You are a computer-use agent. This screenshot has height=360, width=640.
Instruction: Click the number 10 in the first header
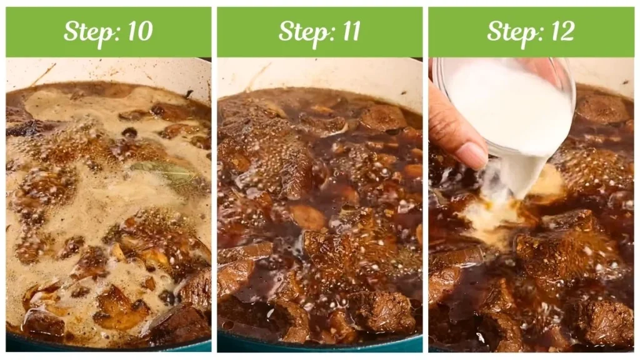tap(137, 31)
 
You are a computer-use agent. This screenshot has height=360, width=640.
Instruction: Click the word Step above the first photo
tap(86, 31)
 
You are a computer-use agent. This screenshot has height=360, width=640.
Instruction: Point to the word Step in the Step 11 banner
tap(298, 31)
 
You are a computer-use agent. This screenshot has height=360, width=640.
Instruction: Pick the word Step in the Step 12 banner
tap(509, 31)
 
